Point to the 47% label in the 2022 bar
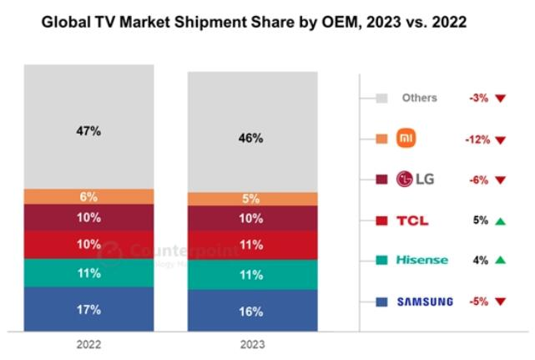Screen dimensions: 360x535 [x=89, y=130]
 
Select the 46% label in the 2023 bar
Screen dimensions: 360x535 [x=251, y=138]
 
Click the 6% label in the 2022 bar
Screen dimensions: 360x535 [x=89, y=197]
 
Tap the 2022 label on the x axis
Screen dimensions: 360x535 [x=88, y=342]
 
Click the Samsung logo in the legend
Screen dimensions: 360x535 [x=426, y=302]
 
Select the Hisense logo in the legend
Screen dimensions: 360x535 [x=421, y=261]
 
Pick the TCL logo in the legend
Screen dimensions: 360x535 [x=413, y=221]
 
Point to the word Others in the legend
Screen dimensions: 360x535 [x=419, y=98]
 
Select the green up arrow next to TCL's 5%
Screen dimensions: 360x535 [x=500, y=221]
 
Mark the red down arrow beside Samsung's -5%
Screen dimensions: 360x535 [x=500, y=302]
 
